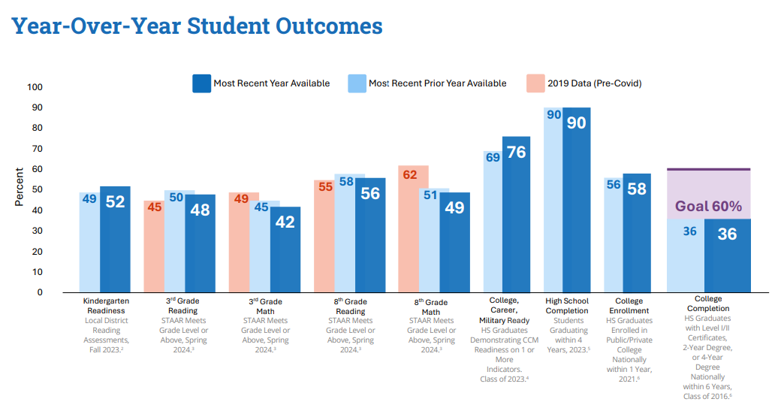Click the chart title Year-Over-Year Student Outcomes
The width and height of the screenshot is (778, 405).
click(197, 26)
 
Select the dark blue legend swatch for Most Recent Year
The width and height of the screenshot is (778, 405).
click(201, 83)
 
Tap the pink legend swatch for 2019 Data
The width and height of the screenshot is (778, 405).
click(536, 83)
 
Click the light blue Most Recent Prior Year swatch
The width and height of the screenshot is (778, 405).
click(357, 83)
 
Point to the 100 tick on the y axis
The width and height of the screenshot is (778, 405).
click(35, 87)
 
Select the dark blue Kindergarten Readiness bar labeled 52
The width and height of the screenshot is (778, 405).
click(115, 240)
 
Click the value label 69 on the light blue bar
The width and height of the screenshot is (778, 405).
click(493, 158)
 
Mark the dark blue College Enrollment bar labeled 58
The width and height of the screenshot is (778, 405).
click(637, 233)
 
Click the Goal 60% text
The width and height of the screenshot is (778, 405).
click(708, 206)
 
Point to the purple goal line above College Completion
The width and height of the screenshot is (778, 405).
click(708, 169)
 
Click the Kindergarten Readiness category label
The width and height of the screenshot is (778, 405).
click(106, 306)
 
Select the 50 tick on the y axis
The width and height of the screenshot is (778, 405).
click(35, 190)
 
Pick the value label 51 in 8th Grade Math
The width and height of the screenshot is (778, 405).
click(430, 195)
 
